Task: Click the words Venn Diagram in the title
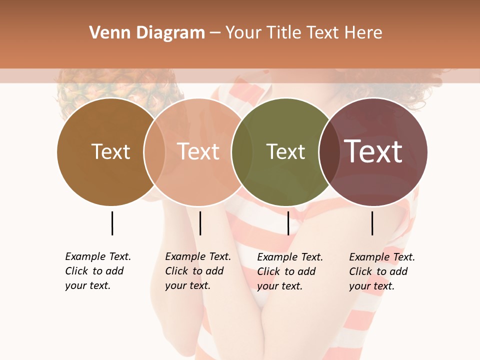click(147, 33)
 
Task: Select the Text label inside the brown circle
click(110, 152)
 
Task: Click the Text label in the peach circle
click(198, 151)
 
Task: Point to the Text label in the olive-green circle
click(285, 152)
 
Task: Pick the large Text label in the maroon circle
click(373, 151)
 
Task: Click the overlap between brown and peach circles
click(154, 152)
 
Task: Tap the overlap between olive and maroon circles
click(329, 152)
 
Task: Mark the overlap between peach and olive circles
click(242, 152)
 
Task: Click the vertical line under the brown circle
click(112, 223)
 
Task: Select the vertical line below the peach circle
click(200, 223)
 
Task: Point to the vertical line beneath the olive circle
click(288, 223)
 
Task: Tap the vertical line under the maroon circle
click(372, 223)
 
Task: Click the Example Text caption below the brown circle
click(98, 271)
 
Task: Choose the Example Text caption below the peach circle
click(198, 271)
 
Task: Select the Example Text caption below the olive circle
click(290, 271)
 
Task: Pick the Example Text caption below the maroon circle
click(382, 271)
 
